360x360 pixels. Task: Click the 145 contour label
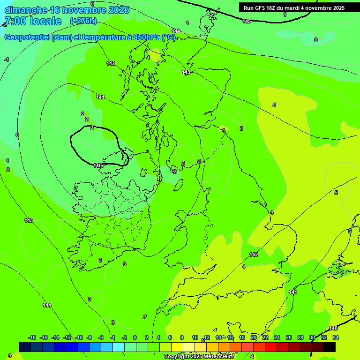(x=247, y=21)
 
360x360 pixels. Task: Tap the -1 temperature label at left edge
(x=7, y=60)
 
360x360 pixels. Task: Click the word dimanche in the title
(x=25, y=10)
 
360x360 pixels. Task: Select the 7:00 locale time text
(x=32, y=21)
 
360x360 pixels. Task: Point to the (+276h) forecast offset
(x=83, y=21)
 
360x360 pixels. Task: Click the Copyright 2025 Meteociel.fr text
(x=199, y=356)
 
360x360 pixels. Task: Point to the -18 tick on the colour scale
(x=32, y=337)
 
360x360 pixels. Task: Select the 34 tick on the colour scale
(x=336, y=337)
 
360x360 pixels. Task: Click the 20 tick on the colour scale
(x=254, y=337)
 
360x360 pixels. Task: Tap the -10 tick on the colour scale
(x=79, y=337)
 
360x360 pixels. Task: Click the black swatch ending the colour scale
(x=330, y=346)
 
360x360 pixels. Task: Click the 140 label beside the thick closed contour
(x=97, y=165)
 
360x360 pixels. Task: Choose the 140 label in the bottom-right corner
(x=333, y=328)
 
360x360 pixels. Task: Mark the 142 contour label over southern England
(x=254, y=255)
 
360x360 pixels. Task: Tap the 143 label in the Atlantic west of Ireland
(x=29, y=220)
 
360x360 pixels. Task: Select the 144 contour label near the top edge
(x=176, y=31)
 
